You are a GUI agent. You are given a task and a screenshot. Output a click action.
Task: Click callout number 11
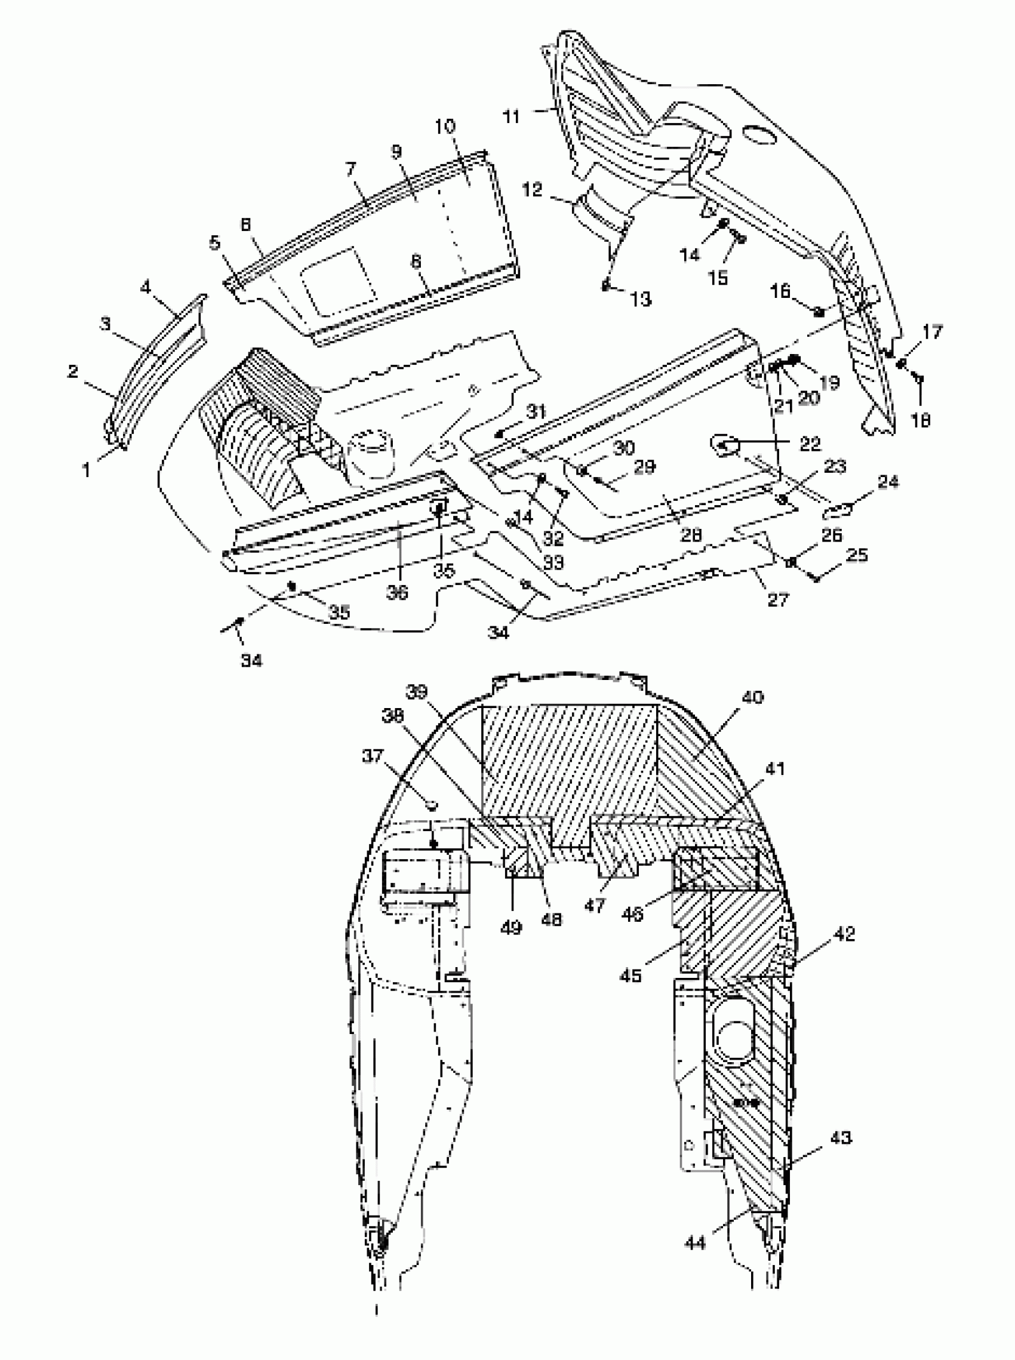(511, 115)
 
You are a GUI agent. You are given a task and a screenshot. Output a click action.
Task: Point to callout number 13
(641, 299)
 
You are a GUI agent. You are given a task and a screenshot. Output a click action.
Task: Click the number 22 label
(810, 444)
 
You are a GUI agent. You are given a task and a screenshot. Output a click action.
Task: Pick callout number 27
(778, 598)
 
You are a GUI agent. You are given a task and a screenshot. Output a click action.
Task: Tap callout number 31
(536, 411)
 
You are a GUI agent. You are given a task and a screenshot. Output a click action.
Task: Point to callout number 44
(696, 1242)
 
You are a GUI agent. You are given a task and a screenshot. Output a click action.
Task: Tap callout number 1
(87, 470)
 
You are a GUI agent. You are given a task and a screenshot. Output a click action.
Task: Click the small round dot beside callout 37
(431, 804)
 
